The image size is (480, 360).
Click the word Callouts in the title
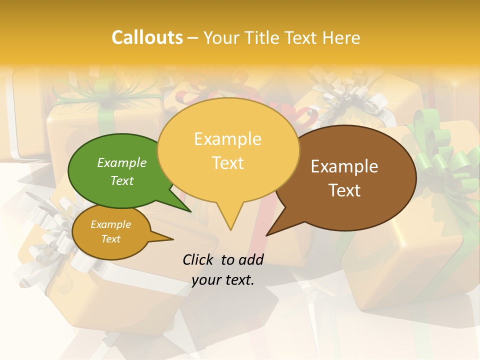coord(147,37)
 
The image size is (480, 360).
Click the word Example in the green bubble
coord(122,162)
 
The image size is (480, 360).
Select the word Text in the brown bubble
coord(344,190)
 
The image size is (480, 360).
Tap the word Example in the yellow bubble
coord(227,139)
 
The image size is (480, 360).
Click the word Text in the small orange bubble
coord(110,239)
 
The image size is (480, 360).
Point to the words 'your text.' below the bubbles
coord(223,280)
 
